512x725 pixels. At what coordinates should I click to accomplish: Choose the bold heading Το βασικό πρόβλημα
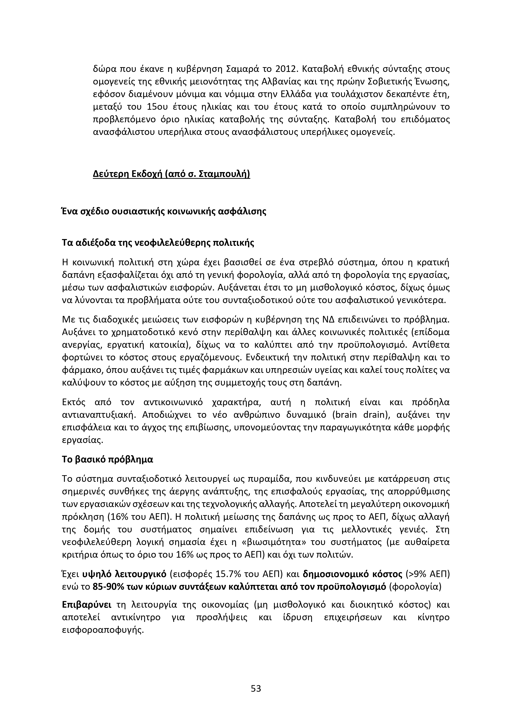click(x=108, y=459)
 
